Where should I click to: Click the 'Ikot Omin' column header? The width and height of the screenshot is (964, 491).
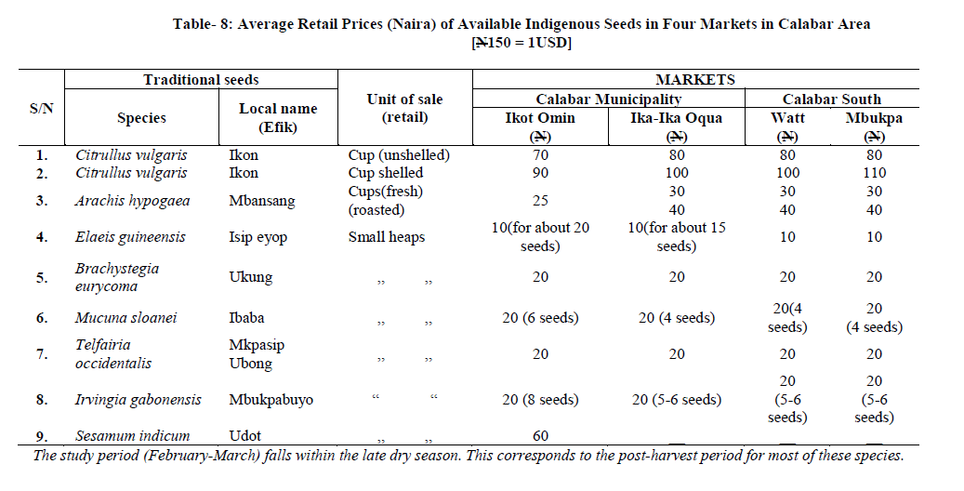(539, 118)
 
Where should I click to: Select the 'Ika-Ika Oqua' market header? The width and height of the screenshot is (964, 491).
(677, 118)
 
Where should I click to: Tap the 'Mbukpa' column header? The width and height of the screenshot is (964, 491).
(873, 118)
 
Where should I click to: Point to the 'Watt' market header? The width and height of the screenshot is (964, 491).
(787, 118)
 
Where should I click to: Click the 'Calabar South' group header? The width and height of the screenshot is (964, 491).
(831, 99)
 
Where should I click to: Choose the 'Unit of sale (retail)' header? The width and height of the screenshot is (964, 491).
(405, 108)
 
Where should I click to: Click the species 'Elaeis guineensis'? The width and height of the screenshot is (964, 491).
(131, 237)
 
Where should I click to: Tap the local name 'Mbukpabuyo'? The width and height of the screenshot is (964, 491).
(271, 400)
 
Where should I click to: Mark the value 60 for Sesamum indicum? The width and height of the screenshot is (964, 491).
(539, 435)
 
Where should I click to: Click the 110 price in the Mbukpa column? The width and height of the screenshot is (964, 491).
(873, 173)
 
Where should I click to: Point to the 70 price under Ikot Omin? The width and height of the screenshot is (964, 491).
(539, 155)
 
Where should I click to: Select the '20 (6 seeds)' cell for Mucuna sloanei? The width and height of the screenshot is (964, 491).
(539, 318)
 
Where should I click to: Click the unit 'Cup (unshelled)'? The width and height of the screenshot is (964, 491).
(399, 155)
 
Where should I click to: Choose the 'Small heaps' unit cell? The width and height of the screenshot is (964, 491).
(387, 237)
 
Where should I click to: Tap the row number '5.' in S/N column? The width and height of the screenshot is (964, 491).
(42, 277)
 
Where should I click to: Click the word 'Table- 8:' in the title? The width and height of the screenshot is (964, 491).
(203, 24)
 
